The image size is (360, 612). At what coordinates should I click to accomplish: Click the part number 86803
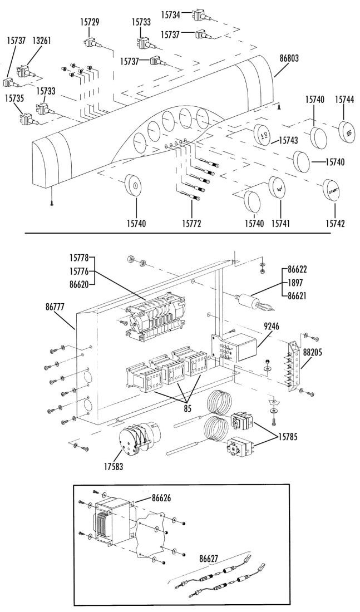click(x=289, y=58)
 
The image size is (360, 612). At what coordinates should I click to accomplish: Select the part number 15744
click(x=344, y=100)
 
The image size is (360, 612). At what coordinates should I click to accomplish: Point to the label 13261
click(x=41, y=41)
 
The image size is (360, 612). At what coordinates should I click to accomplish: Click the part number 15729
click(x=90, y=22)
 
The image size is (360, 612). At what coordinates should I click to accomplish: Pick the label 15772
click(x=192, y=224)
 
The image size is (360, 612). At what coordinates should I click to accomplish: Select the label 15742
click(x=336, y=224)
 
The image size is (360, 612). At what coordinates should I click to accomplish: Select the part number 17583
click(x=114, y=466)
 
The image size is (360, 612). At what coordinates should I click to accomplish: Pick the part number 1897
click(x=295, y=282)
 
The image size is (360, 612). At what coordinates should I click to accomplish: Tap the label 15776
click(x=80, y=271)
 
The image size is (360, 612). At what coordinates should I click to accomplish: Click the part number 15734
click(x=171, y=15)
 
